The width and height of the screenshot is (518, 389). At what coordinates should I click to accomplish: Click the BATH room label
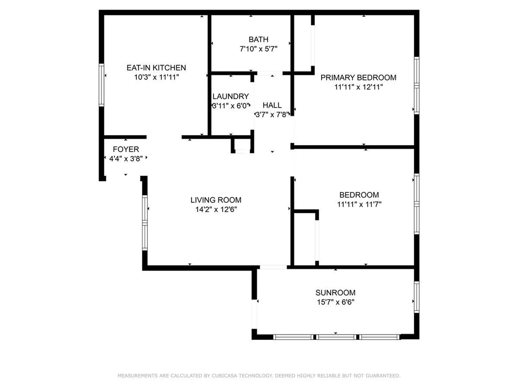[x=258, y=39]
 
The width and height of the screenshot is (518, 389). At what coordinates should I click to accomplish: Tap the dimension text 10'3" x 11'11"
[x=156, y=77]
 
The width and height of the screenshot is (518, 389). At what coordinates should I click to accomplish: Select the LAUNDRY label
[x=230, y=96]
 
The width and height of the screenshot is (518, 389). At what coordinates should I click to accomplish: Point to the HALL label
[x=272, y=105]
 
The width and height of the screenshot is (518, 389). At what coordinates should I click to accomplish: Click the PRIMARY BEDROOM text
[x=358, y=78]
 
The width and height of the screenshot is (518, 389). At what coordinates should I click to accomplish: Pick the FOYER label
[x=126, y=149]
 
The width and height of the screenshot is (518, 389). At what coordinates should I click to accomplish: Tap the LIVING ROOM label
[x=216, y=200]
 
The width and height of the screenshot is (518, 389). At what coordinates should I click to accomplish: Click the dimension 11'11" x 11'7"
[x=359, y=204]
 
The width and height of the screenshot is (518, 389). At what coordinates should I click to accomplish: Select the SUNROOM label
[x=335, y=293]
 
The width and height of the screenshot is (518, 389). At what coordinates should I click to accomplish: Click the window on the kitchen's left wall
[x=101, y=85]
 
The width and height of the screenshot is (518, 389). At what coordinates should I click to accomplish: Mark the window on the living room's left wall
[x=145, y=223]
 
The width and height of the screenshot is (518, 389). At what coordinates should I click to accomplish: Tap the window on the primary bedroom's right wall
[x=417, y=85]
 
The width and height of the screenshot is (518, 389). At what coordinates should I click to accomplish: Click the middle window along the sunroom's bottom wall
[x=336, y=337]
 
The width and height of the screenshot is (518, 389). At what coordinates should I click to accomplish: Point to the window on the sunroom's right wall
[x=417, y=297]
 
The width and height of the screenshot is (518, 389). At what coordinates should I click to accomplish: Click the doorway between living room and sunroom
[x=273, y=267]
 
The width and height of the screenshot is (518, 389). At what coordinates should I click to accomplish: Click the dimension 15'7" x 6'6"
[x=335, y=302]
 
